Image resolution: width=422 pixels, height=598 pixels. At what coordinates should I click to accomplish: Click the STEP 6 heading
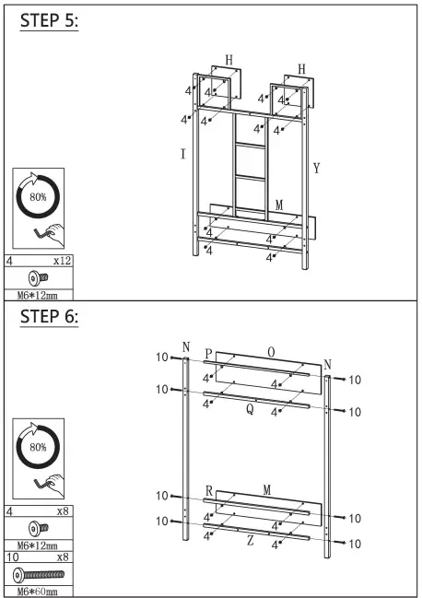(49, 316)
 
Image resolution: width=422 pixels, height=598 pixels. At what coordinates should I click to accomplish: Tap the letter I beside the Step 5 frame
(182, 154)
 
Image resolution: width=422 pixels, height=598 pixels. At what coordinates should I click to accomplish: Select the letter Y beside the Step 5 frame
(316, 169)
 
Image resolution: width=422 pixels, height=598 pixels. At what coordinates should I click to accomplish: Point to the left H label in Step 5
(229, 60)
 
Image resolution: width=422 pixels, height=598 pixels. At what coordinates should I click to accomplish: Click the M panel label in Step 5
(278, 204)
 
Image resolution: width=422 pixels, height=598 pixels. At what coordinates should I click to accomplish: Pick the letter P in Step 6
(209, 355)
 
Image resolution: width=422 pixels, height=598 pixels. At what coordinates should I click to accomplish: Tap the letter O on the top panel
(270, 352)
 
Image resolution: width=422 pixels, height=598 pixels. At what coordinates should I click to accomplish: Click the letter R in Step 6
(209, 491)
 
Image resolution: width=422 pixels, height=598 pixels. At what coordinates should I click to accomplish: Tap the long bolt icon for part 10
(38, 573)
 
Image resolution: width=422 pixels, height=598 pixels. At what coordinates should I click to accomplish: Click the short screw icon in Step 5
(38, 276)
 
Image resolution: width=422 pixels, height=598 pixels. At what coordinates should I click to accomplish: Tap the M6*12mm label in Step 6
(38, 545)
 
